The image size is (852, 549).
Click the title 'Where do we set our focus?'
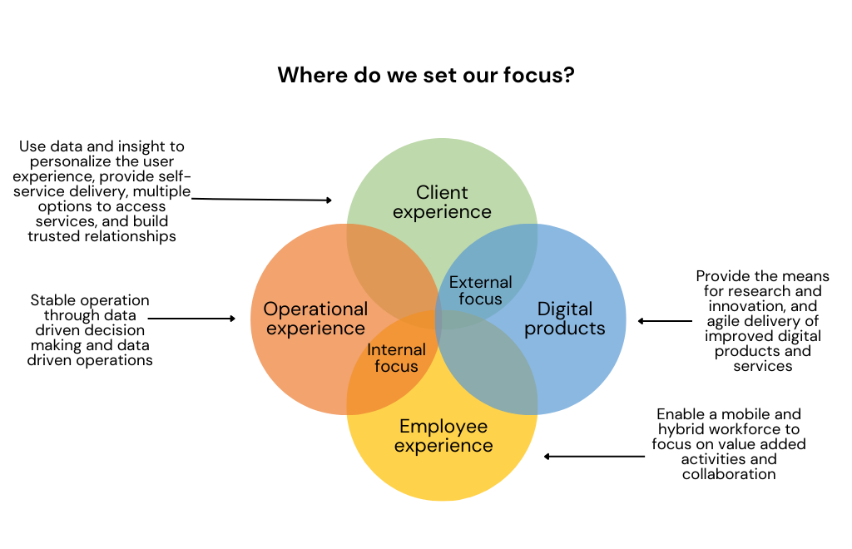(425, 75)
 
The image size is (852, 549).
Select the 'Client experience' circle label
(442, 202)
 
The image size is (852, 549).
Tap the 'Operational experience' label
(315, 319)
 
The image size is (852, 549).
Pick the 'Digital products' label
(564, 319)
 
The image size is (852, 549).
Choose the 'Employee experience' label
(443, 436)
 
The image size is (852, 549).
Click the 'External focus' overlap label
(480, 290)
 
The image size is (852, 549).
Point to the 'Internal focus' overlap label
(396, 358)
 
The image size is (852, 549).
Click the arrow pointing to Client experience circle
(262, 200)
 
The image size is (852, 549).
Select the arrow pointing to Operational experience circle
(191, 318)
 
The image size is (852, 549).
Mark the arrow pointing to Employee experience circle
(594, 456)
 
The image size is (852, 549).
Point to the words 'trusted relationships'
(102, 236)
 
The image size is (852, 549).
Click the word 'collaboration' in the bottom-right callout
(729, 474)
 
